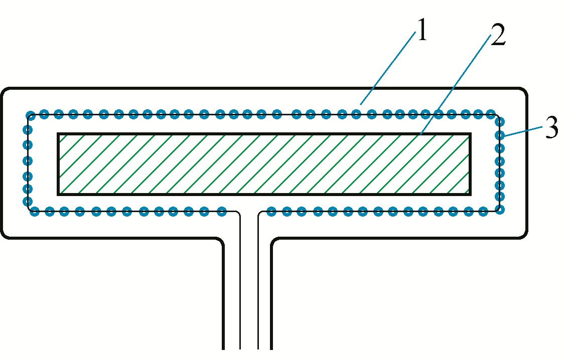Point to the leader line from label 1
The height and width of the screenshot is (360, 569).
388,68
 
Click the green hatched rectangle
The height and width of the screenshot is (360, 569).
264,164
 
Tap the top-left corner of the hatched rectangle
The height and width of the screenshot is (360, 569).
59,134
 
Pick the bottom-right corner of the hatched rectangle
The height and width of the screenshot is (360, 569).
470,194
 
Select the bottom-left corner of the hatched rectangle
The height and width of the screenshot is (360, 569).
59,194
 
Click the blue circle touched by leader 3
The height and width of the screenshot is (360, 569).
500,135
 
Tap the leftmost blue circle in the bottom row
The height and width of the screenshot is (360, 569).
35,211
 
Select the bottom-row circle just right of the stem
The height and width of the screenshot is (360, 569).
271,211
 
